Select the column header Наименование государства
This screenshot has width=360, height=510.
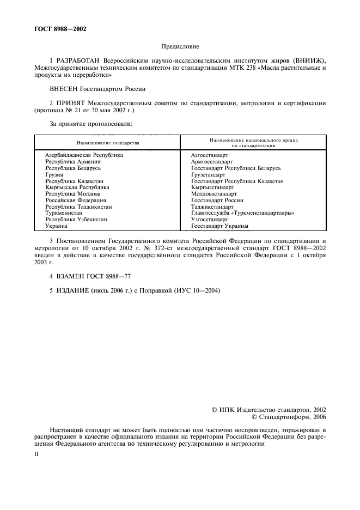pos(108,143)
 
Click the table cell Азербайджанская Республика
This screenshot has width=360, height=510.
pos(84,155)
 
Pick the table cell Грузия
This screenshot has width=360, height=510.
pos(54,174)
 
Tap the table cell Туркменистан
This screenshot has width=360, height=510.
pos(64,212)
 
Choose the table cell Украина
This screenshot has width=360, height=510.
pos(56,226)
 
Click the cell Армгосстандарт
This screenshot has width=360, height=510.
pos(212,161)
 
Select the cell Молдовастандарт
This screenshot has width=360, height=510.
pos(214,193)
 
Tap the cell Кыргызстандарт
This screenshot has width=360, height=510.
pos(212,187)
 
